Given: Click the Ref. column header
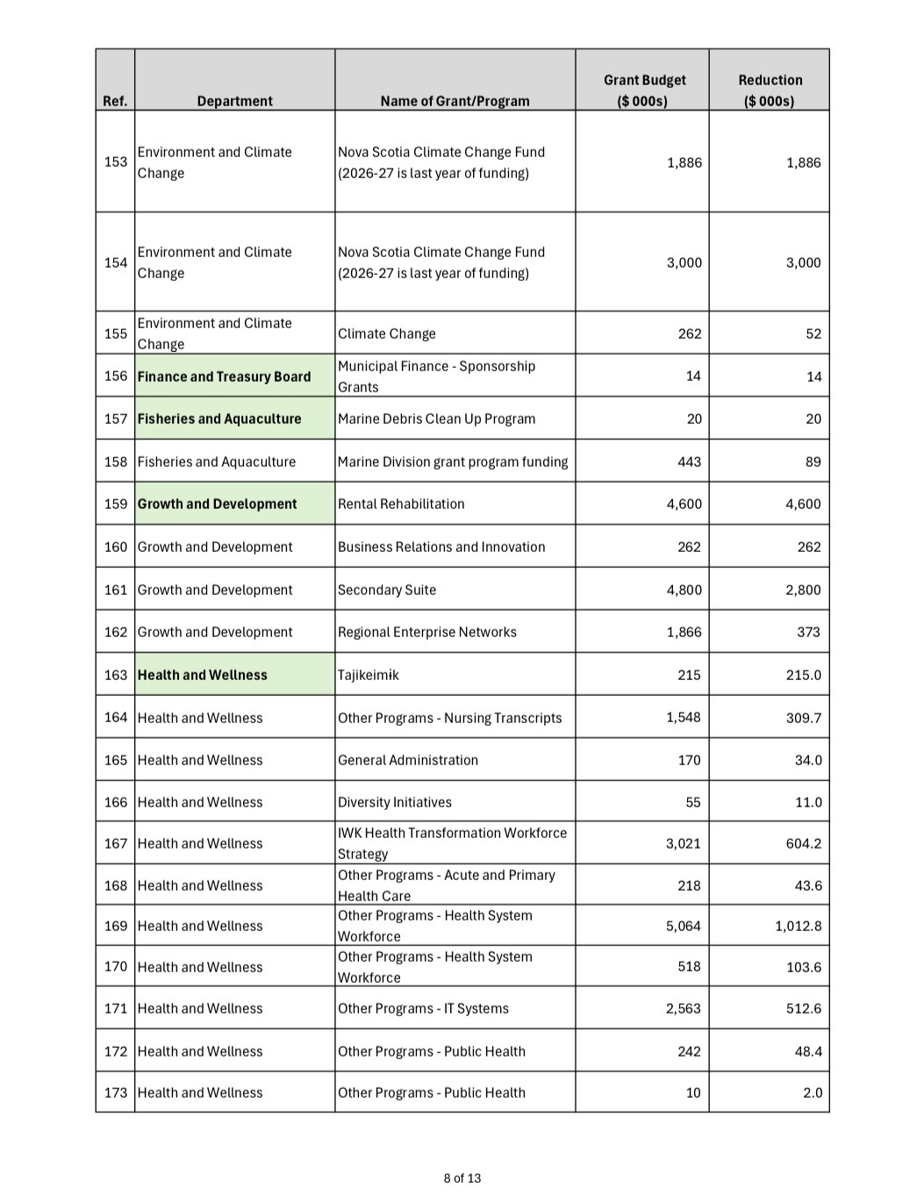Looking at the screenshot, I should point(115,101).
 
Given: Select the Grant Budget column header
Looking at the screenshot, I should point(644,90).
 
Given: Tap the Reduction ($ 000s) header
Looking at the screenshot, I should point(770,90).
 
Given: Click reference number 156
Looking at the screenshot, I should point(116,376).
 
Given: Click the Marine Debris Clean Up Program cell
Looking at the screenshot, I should point(436,419).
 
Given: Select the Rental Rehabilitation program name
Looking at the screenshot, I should point(401,504).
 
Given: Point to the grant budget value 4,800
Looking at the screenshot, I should point(684,590).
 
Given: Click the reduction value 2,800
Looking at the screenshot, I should point(803,590).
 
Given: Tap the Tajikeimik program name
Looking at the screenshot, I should point(369,675).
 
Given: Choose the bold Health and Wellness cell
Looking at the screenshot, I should point(202,675).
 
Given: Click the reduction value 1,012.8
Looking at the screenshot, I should point(798,926).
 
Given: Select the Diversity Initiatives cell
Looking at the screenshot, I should point(395,802).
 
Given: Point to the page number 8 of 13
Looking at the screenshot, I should point(462,1178).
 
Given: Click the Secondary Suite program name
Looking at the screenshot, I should point(387,590).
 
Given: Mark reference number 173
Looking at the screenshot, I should point(116,1092).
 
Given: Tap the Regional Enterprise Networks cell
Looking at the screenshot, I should point(427,632).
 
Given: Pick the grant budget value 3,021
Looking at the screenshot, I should point(683,843).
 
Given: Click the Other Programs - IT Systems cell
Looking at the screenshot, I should point(423,1008).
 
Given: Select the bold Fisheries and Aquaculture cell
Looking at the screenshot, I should point(219,419).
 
